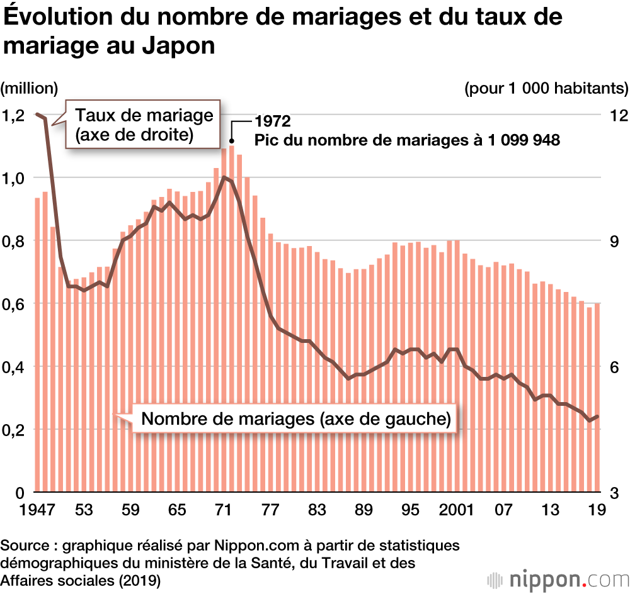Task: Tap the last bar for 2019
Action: pyautogui.click(x=597, y=397)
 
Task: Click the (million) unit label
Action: pyautogui.click(x=29, y=88)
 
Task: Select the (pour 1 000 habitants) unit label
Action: pyautogui.click(x=546, y=88)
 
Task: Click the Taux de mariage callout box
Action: pyautogui.click(x=143, y=125)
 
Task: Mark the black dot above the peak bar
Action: pyautogui.click(x=232, y=141)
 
